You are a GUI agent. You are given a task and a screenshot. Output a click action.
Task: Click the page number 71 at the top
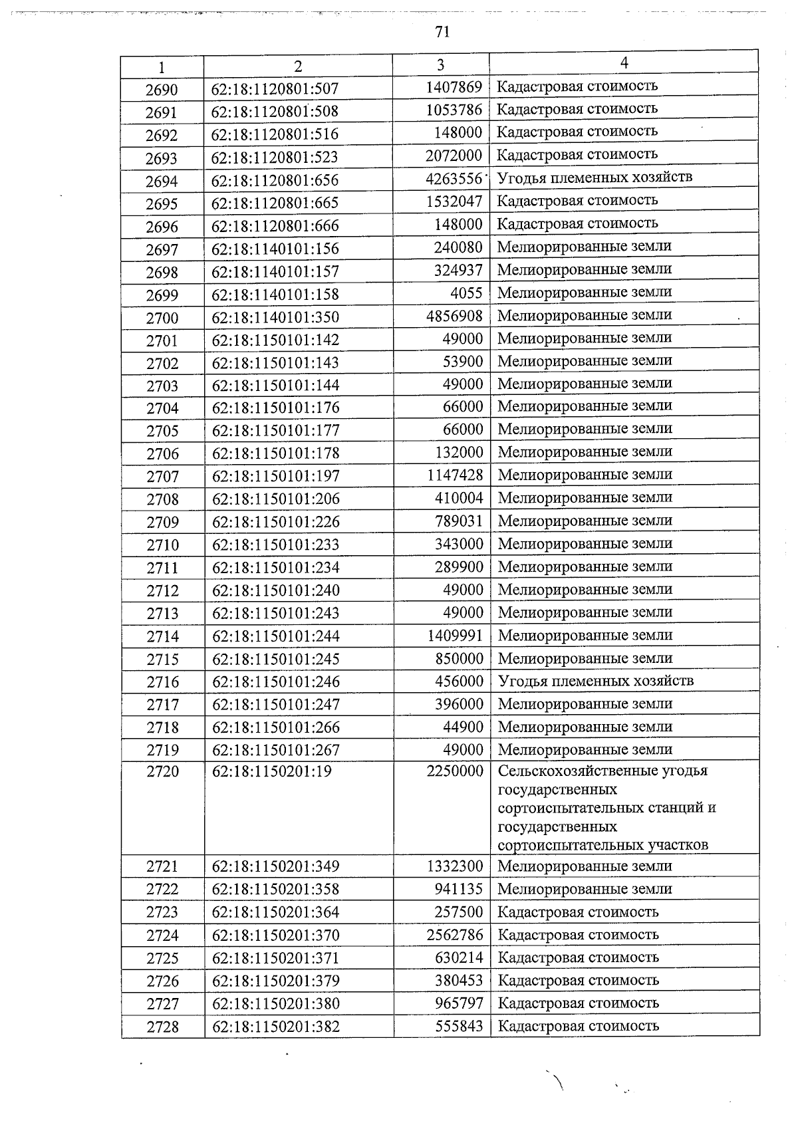pyautogui.click(x=442, y=32)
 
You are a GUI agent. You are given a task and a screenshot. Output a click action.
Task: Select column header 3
pyautogui.click(x=440, y=64)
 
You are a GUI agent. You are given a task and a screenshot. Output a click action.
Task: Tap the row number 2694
pyautogui.click(x=162, y=181)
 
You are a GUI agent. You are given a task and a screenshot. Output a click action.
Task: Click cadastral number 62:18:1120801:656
pyautogui.click(x=275, y=180)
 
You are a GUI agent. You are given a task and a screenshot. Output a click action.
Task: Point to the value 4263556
pyautogui.click(x=454, y=179)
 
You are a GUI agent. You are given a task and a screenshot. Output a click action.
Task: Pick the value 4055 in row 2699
pyautogui.click(x=466, y=293)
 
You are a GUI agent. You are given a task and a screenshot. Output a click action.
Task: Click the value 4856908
pyautogui.click(x=455, y=316)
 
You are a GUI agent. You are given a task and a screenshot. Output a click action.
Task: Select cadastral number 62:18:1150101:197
pyautogui.click(x=275, y=476)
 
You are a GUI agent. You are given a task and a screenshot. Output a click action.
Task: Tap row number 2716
pyautogui.click(x=162, y=682)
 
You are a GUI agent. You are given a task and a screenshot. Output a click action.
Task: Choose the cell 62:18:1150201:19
pyautogui.click(x=271, y=771)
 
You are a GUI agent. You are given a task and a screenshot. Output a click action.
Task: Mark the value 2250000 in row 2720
pyautogui.click(x=455, y=771)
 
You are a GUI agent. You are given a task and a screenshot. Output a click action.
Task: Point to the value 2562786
pyautogui.click(x=455, y=935)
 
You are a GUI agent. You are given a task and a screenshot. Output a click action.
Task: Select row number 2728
pyautogui.click(x=163, y=1027)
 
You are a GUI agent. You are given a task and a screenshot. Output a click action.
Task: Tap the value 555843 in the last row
pyautogui.click(x=459, y=1026)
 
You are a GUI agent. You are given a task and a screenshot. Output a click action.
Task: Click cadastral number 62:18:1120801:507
pyautogui.click(x=275, y=88)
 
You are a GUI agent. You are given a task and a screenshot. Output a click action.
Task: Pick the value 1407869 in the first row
pyautogui.click(x=454, y=87)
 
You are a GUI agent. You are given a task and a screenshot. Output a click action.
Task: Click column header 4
pyautogui.click(x=624, y=62)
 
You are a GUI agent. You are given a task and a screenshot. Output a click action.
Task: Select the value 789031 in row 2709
pyautogui.click(x=459, y=521)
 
